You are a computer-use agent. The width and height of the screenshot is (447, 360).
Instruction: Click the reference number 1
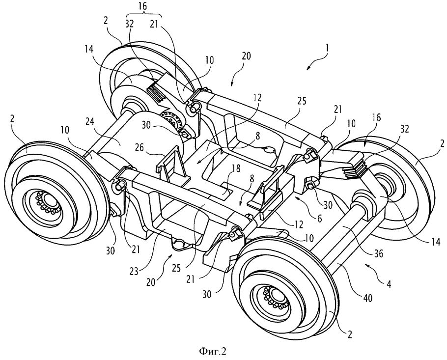[x=328, y=48]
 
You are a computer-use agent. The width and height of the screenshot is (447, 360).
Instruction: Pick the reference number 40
[x=367, y=298]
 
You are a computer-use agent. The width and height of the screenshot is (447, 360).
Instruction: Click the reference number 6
[x=319, y=218]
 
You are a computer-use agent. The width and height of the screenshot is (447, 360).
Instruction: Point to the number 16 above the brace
[x=144, y=6]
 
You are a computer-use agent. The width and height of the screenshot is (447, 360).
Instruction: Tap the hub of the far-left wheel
[x=47, y=201]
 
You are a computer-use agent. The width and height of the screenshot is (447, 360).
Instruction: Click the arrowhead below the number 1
[x=308, y=68]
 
